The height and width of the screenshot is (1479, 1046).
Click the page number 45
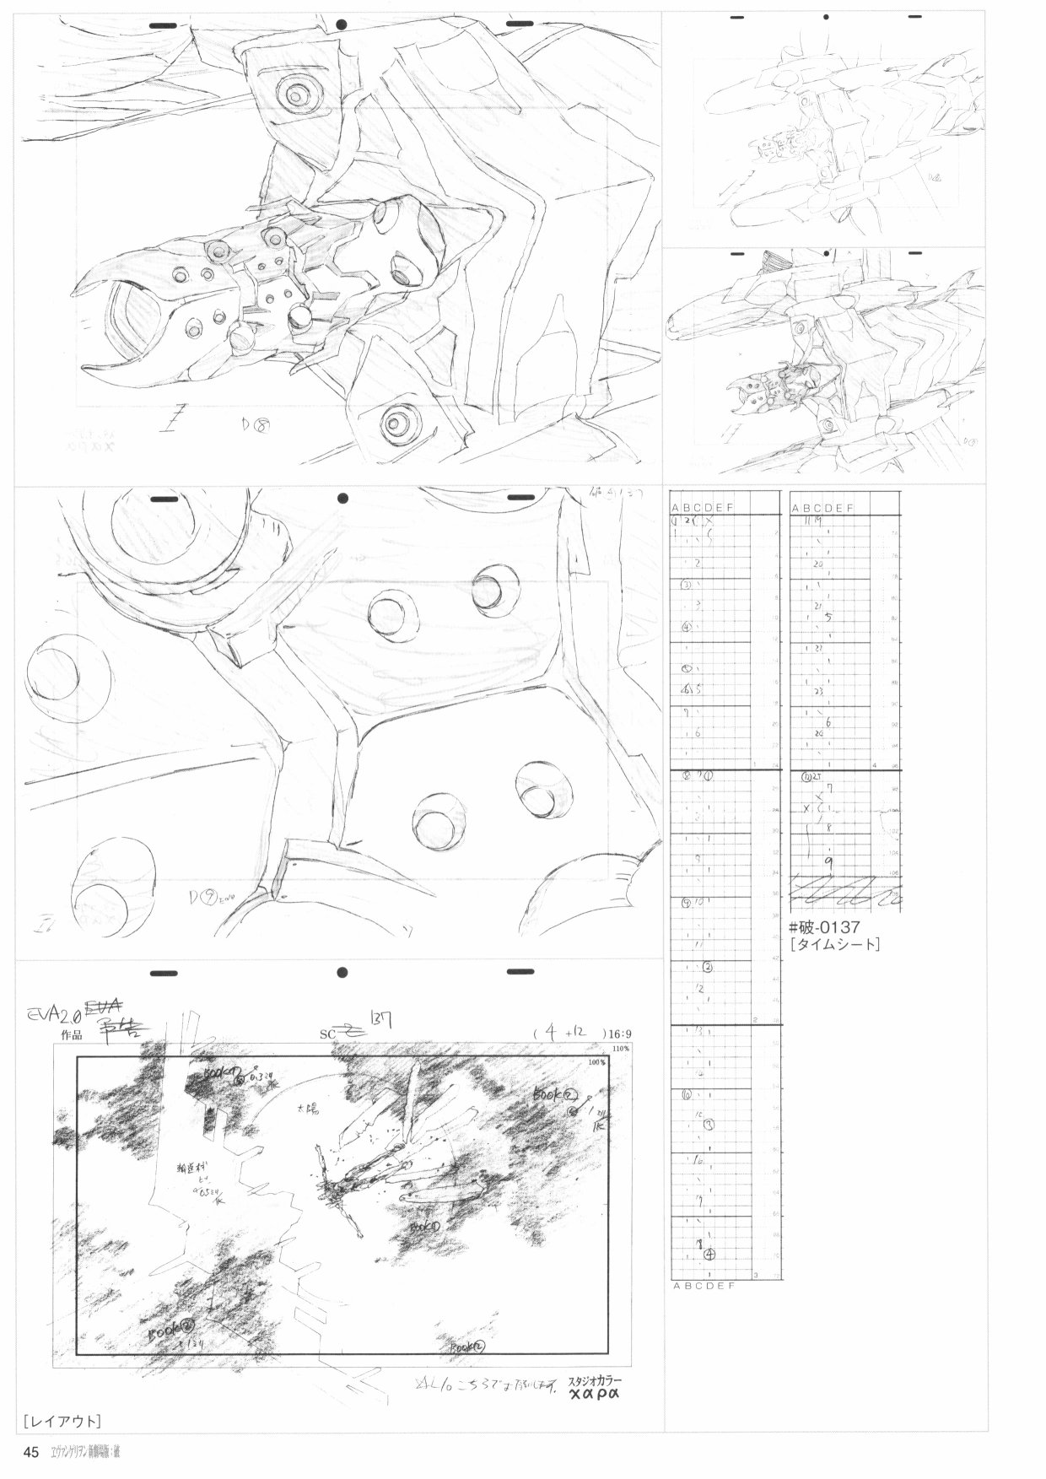pyautogui.click(x=31, y=1453)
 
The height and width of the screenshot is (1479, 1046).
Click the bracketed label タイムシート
pyautogui.click(x=835, y=945)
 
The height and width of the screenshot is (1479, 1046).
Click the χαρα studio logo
pyautogui.click(x=594, y=1394)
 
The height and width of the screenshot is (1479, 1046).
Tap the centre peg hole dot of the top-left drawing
pyautogui.click(x=341, y=24)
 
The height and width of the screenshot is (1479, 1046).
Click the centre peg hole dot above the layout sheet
pyautogui.click(x=341, y=973)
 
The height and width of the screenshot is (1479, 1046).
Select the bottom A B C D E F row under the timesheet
pyautogui.click(x=704, y=1286)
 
